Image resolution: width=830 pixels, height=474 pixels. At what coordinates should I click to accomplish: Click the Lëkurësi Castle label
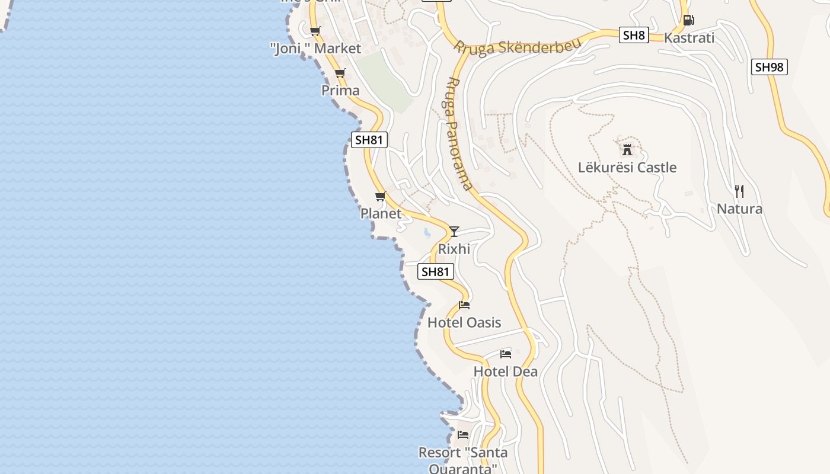[x=627, y=168]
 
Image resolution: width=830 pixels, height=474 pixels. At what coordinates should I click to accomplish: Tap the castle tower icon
[x=627, y=149]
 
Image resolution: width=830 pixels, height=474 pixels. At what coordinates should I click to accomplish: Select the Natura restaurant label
[x=739, y=209]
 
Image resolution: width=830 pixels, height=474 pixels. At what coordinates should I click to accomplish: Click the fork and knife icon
[x=739, y=191]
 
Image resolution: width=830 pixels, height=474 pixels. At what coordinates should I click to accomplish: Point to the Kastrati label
[x=689, y=38]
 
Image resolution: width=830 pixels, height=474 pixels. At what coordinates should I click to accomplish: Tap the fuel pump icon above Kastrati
[x=688, y=20]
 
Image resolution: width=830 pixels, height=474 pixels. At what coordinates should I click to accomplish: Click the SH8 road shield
[x=634, y=35]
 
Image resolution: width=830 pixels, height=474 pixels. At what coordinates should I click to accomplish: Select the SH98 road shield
[x=770, y=67]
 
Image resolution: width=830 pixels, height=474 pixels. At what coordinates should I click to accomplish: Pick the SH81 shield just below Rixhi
[x=436, y=272]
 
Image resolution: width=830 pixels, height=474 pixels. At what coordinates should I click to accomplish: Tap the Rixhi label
[x=454, y=249]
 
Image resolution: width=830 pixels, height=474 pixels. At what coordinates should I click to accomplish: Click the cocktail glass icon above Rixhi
[x=454, y=231]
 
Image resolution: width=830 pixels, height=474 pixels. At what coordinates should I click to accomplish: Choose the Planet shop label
[x=381, y=213]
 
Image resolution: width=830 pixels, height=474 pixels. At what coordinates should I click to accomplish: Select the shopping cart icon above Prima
[x=340, y=73]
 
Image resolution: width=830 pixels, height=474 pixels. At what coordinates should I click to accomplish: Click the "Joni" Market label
[x=315, y=49]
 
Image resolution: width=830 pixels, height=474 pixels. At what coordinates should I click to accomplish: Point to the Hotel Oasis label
[x=464, y=323]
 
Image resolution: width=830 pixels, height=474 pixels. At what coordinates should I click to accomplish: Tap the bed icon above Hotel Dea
[x=506, y=354]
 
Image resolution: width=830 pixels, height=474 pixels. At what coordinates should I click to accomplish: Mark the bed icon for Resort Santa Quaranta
[x=463, y=435]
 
